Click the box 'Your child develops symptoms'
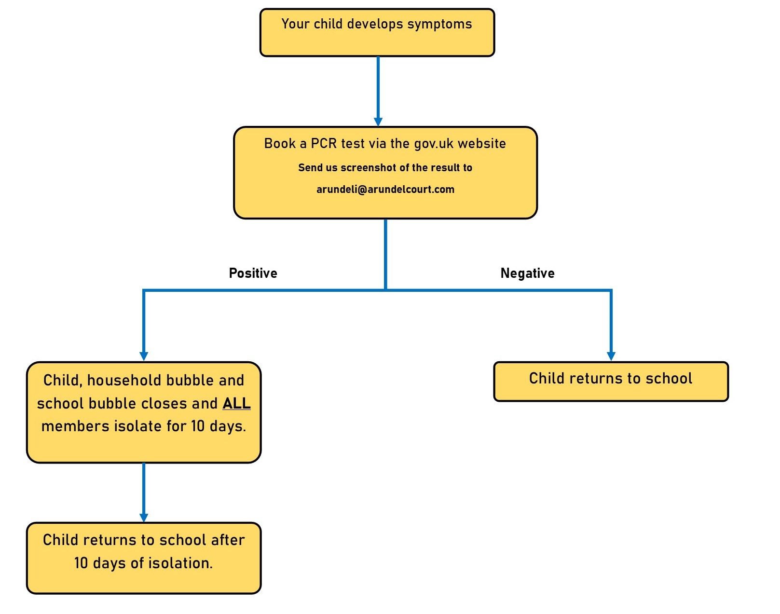(377, 33)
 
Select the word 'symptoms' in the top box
(439, 25)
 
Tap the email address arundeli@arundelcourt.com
(385, 189)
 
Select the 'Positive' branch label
(253, 273)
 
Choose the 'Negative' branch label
(527, 273)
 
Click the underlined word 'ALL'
(236, 403)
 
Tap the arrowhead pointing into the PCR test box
(378, 122)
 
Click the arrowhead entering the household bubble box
(144, 356)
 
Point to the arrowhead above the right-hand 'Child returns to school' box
(611, 356)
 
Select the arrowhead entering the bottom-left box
(144, 518)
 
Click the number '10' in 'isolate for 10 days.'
(198, 426)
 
